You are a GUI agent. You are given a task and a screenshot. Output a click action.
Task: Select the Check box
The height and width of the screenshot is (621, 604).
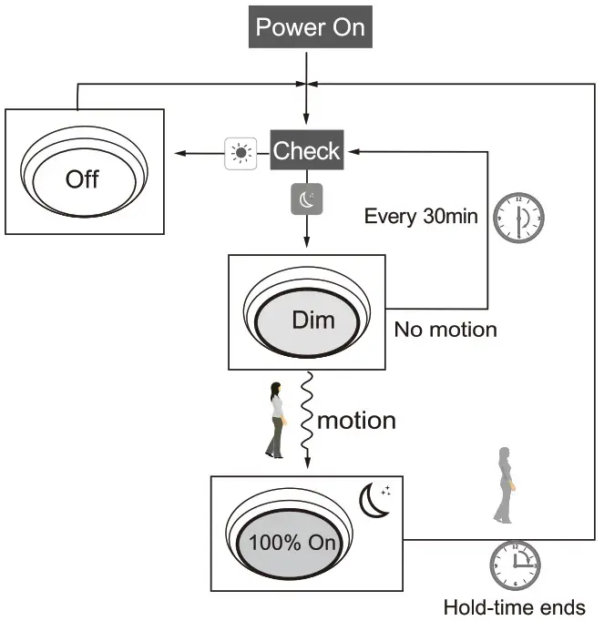(306, 151)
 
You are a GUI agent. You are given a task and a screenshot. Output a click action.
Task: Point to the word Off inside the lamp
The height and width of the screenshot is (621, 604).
(82, 178)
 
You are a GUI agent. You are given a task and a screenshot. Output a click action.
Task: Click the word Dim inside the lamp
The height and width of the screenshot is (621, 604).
(312, 320)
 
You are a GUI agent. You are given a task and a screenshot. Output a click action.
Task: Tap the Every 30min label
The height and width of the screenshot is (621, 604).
(421, 217)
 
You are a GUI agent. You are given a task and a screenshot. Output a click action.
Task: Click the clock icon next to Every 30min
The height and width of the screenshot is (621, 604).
(517, 217)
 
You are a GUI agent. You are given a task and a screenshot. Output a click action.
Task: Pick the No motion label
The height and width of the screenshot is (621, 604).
(445, 330)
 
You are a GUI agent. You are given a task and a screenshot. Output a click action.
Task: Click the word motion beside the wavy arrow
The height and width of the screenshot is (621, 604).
(355, 421)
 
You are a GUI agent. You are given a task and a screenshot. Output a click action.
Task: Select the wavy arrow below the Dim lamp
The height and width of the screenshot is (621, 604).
(307, 419)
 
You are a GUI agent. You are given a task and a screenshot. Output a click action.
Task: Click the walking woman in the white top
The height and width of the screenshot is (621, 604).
(275, 421)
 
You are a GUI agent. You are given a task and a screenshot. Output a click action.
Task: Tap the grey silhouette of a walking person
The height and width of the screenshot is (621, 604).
(504, 486)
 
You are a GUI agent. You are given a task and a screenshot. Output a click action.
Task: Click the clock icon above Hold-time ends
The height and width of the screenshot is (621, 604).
(515, 565)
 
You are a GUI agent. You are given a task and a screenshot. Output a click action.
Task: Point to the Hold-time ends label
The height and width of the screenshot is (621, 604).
(514, 606)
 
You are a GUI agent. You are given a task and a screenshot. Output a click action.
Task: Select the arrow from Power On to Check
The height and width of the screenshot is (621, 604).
(306, 100)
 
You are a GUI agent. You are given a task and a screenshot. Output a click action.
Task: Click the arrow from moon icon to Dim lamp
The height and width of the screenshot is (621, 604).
(306, 234)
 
